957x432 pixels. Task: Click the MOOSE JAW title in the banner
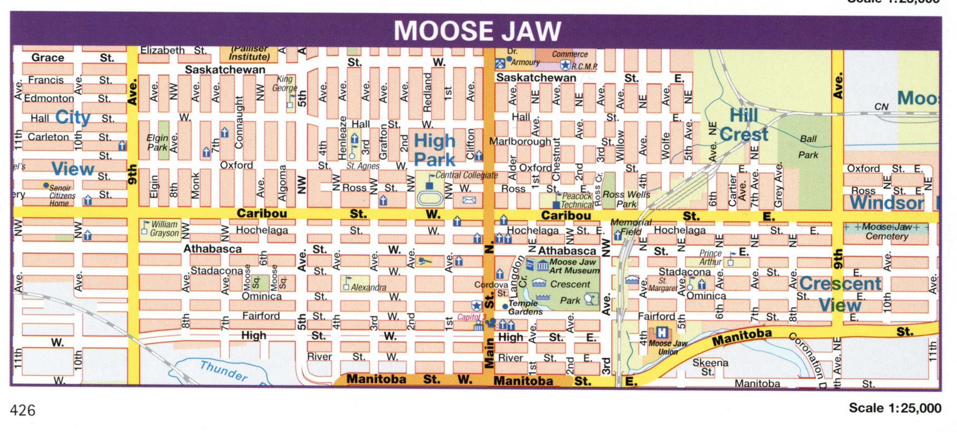(477, 31)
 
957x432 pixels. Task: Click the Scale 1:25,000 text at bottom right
(895, 408)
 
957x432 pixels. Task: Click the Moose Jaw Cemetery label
(886, 231)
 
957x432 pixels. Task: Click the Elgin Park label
(157, 142)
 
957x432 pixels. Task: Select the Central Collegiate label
(466, 175)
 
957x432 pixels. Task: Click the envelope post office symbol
(469, 200)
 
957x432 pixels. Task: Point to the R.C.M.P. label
(584, 67)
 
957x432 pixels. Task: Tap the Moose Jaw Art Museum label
(574, 266)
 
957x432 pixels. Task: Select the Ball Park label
(808, 147)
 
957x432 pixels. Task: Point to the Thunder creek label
(224, 371)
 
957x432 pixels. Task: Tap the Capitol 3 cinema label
(471, 317)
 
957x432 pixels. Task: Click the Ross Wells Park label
(626, 199)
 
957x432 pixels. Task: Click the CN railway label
(881, 107)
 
